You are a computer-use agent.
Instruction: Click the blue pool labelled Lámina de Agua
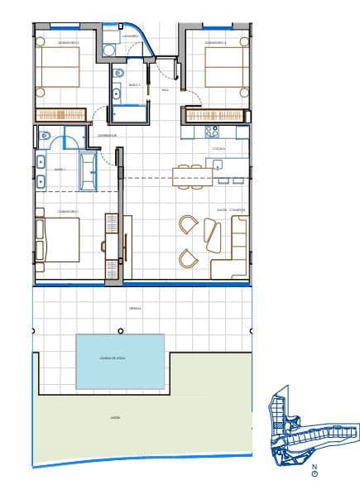click(x=120, y=361)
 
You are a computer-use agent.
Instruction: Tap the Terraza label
click(x=135, y=308)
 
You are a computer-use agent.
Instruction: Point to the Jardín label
click(x=115, y=419)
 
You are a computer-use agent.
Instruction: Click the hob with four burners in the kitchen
click(x=211, y=130)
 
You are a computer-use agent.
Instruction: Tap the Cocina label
click(x=218, y=148)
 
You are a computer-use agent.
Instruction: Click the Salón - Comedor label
click(x=231, y=210)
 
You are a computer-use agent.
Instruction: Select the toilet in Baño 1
click(x=46, y=136)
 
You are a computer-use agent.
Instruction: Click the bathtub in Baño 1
click(x=87, y=170)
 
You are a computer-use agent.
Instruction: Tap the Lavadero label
click(x=129, y=37)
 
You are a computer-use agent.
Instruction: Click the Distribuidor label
click(x=107, y=135)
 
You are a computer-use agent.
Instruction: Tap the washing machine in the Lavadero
click(x=108, y=50)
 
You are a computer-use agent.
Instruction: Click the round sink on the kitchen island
click(x=219, y=166)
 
